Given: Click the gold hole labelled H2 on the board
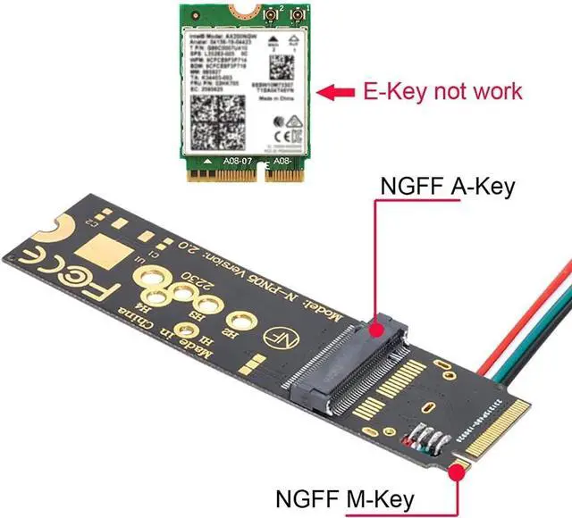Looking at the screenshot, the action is pyautogui.click(x=238, y=320).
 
